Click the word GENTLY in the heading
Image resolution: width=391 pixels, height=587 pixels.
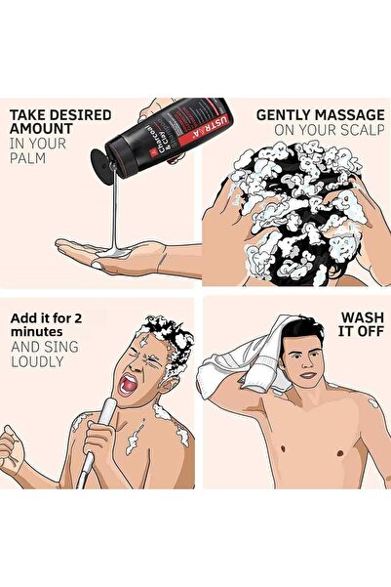[x=284, y=114]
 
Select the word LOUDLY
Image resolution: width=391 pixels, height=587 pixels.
[x=37, y=360]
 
